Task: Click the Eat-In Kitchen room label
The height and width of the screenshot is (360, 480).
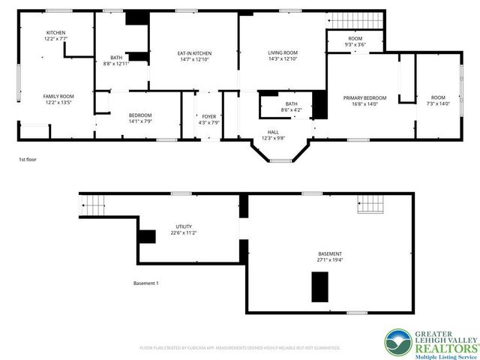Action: coord(194,53)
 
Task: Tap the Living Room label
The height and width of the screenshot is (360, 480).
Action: coord(283,52)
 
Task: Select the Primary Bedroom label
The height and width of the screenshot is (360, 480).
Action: coord(365,98)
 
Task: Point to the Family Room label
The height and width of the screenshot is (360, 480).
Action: coord(58,97)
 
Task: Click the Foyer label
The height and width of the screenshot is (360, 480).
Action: coord(209,116)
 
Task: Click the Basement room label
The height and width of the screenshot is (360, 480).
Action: coord(330,254)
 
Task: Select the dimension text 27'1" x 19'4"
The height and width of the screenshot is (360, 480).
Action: coord(330,260)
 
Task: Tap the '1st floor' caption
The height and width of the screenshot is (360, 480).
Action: coord(28,160)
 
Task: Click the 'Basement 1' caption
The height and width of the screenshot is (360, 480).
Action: coord(145,283)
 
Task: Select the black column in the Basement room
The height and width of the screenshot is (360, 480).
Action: coord(320,286)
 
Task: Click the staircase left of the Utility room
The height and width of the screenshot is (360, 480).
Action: coord(92,202)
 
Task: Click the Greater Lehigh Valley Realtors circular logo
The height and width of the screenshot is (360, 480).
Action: coord(397,343)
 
